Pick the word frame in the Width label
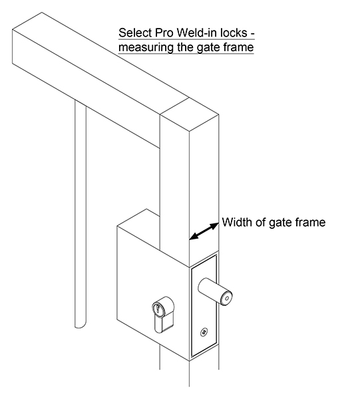(309, 223)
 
